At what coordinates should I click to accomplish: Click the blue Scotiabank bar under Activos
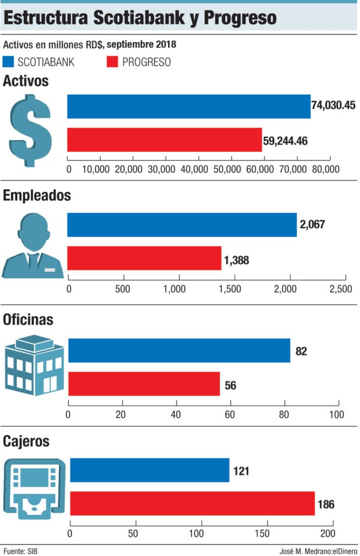[x=188, y=106]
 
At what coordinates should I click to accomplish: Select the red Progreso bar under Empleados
[x=144, y=258]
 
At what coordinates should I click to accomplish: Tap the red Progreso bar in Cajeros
[x=192, y=503]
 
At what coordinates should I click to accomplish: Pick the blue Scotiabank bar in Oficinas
[x=179, y=350]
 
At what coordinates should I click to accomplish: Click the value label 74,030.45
[x=333, y=105]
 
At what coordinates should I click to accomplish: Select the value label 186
[x=326, y=505]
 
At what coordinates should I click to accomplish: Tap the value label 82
[x=301, y=351]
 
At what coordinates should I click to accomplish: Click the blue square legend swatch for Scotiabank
[x=8, y=61]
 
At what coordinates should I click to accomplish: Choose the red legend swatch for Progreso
[x=111, y=61]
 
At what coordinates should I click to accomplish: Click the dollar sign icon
[x=30, y=131]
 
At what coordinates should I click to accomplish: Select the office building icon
[x=34, y=367]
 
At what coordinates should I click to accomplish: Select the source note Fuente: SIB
[x=20, y=551]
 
